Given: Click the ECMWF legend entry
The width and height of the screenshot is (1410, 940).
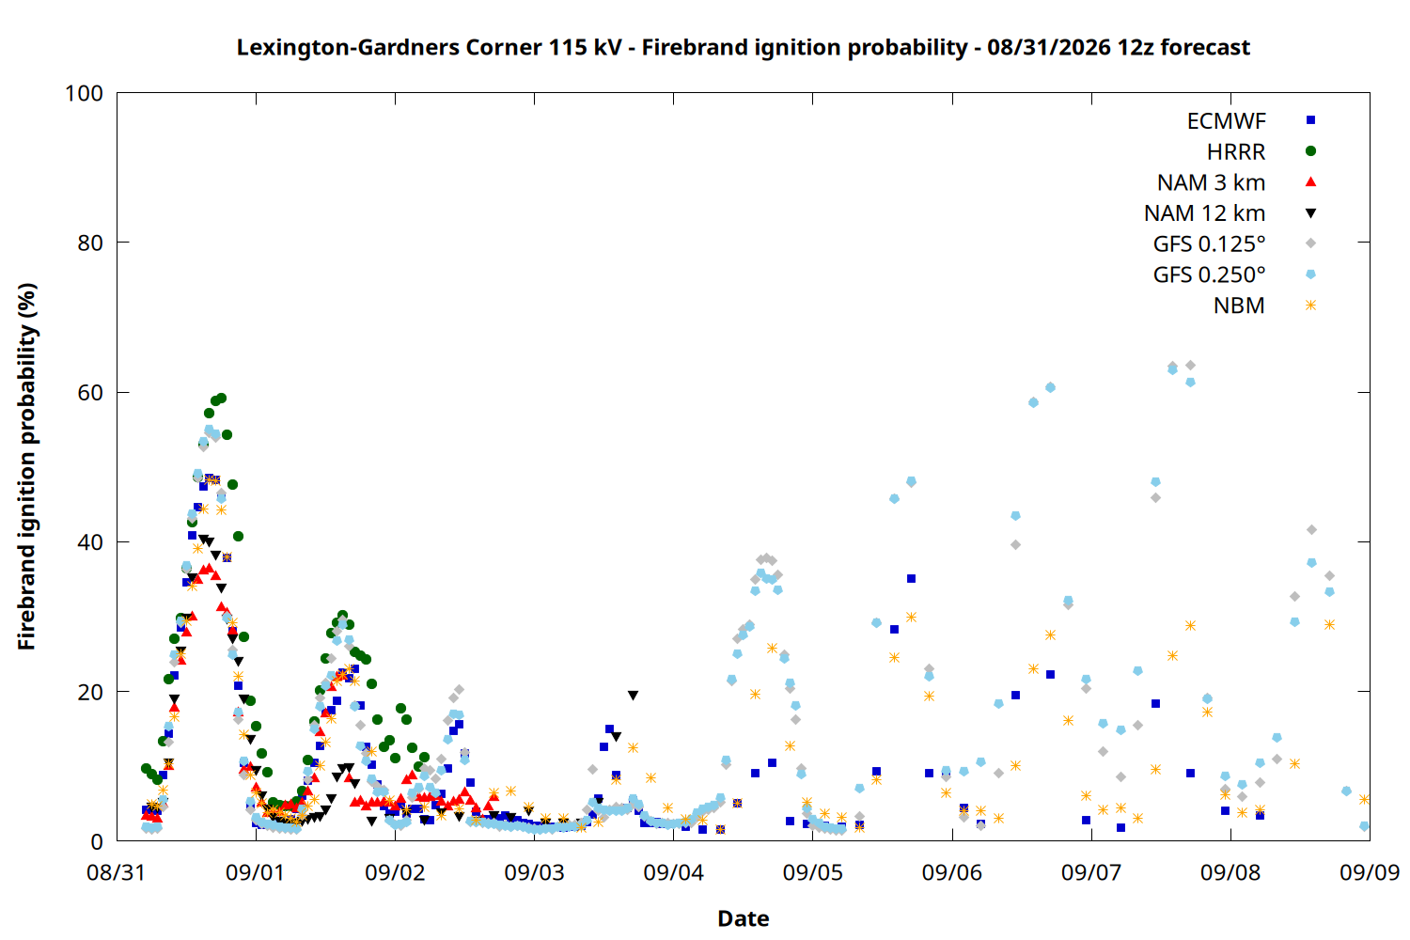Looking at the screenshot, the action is [1226, 121].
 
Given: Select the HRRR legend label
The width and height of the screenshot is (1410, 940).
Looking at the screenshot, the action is [1236, 151].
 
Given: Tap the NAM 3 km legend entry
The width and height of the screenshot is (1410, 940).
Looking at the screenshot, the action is [1211, 182].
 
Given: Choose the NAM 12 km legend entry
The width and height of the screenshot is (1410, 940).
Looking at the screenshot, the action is [1205, 213].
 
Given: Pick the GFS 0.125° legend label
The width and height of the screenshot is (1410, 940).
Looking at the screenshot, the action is [1209, 243].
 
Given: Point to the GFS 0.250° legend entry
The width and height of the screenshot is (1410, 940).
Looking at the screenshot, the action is [1209, 274].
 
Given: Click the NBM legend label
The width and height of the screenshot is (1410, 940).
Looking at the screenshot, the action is [1239, 305].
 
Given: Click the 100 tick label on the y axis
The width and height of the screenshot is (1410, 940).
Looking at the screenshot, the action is [84, 93].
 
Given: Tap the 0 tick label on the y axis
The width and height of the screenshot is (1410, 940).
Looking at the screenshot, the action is [97, 841].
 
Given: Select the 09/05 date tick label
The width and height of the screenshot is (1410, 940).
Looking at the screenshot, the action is [813, 872].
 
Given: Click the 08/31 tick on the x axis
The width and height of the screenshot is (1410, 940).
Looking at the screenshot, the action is [117, 872].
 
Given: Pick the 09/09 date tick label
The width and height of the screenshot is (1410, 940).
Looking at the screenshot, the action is [1370, 872].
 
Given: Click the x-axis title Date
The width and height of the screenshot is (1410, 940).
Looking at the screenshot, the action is [744, 918].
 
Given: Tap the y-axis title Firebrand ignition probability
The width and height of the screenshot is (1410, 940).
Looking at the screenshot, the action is [26, 466].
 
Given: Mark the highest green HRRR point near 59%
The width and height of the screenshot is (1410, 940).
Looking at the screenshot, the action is [221, 399].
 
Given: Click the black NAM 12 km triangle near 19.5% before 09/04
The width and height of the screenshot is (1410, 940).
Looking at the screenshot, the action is [634, 696].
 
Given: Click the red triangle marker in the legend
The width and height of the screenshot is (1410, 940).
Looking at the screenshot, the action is [1310, 182].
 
